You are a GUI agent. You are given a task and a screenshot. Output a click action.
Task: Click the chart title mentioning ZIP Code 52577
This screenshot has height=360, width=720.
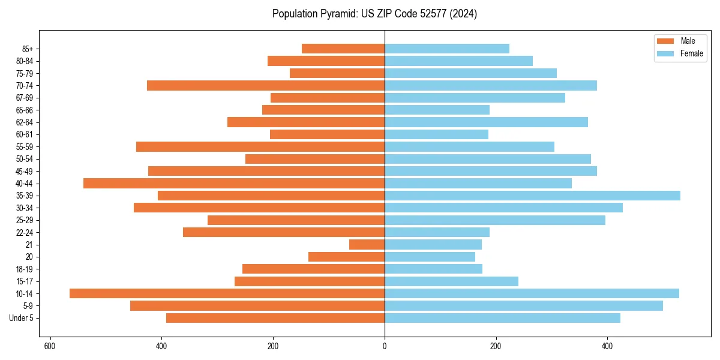click(x=374, y=14)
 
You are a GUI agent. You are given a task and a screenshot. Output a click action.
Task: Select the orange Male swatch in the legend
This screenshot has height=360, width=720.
click(x=665, y=41)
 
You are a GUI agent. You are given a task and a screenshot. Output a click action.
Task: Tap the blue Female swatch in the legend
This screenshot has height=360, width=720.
click(x=665, y=53)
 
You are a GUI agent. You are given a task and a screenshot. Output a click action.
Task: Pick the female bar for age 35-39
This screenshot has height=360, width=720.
click(x=532, y=196)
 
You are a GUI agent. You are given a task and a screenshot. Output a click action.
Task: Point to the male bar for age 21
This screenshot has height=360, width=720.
click(x=367, y=244)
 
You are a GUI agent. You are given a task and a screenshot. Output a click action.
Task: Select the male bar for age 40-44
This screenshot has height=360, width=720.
click(x=234, y=183)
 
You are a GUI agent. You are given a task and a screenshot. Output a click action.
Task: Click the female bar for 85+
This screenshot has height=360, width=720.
click(x=447, y=49)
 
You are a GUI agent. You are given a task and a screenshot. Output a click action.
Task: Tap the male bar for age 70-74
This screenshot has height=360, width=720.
click(x=266, y=85)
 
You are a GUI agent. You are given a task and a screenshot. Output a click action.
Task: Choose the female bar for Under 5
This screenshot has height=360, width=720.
click(x=502, y=318)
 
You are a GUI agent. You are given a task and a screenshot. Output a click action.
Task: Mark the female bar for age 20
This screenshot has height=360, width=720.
click(x=430, y=257)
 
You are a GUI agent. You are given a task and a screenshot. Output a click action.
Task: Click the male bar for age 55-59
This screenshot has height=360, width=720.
click(x=260, y=146)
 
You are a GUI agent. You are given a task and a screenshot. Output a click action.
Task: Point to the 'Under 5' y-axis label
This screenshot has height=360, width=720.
click(x=22, y=318)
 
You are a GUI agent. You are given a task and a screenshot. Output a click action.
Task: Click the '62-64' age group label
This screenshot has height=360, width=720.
click(x=25, y=122)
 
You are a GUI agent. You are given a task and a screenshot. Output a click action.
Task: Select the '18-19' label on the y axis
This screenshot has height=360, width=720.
click(x=25, y=269)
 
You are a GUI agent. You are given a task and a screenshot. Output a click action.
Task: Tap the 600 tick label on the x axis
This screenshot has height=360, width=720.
click(x=50, y=346)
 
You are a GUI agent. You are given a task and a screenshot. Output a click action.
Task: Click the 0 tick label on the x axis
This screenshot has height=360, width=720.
click(x=385, y=346)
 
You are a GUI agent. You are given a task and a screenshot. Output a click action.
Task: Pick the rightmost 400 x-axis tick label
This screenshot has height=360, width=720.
click(x=607, y=346)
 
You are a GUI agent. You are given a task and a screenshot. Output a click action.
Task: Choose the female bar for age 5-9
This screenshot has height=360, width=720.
click(x=524, y=306)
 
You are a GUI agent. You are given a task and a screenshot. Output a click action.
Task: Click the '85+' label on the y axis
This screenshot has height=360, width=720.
click(x=28, y=49)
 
